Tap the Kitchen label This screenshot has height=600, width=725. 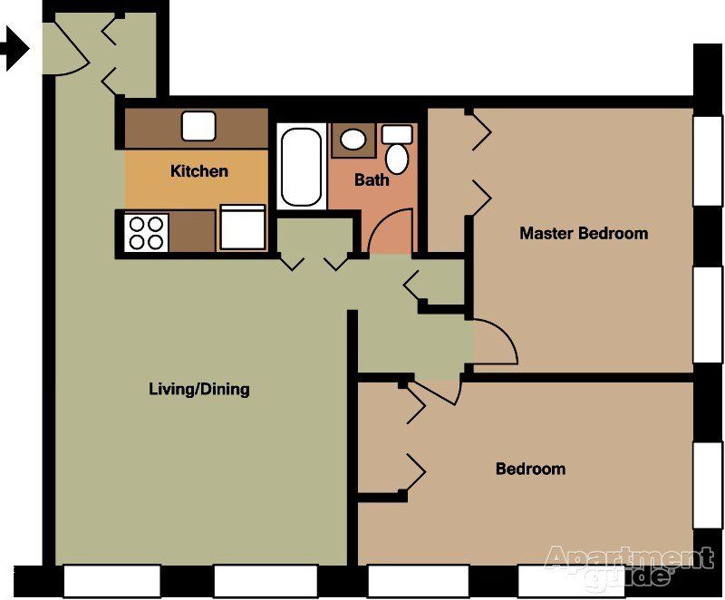point(199,171)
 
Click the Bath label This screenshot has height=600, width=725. point(372,179)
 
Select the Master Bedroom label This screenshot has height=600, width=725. point(584,233)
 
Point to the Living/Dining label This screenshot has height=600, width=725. point(198,390)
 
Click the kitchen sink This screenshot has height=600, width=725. point(198,126)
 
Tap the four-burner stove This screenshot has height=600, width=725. point(147,231)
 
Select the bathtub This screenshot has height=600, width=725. point(300,167)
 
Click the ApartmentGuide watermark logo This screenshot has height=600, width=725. point(629,565)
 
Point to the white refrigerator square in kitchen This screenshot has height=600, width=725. point(242,227)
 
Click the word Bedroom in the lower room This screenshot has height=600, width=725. point(530,469)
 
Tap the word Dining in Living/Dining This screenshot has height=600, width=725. point(225,390)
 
